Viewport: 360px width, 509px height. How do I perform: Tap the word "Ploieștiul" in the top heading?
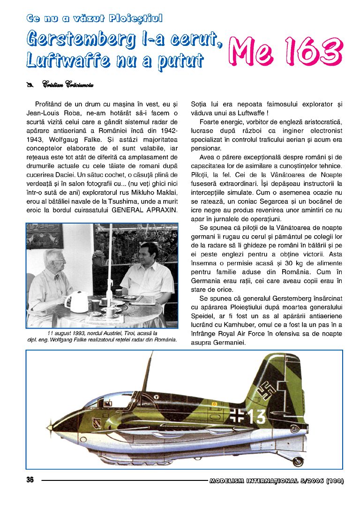135,19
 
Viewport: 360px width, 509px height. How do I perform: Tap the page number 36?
30,480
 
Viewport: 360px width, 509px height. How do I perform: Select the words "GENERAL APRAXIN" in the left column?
145,209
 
